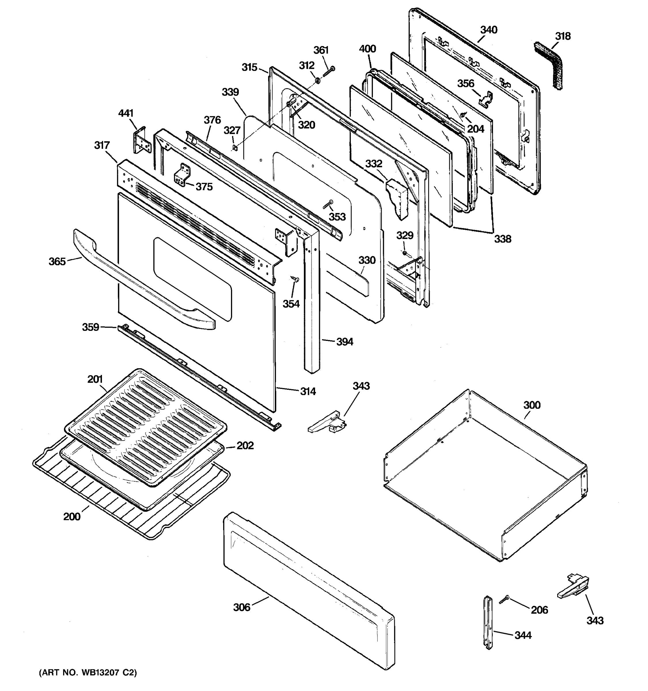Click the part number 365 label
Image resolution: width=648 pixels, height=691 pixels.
pos(57,261)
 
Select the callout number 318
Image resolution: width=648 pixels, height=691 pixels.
pos(562,36)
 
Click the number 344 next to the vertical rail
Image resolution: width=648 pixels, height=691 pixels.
pos(523,635)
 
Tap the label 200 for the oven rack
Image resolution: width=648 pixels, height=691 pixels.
pos(72,517)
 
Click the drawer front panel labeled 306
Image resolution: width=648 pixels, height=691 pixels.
pos(309,591)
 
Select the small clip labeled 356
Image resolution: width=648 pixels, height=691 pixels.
pos(487,99)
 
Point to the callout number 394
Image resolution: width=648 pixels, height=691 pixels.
pos(344,342)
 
